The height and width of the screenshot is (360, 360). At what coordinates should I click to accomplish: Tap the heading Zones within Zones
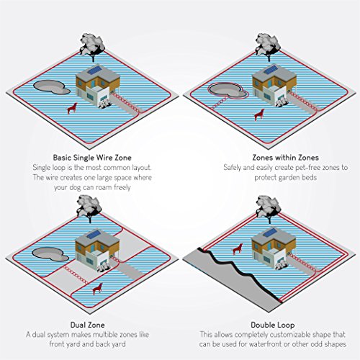pos(268,156)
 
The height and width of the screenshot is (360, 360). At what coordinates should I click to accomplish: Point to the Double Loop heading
pos(268,325)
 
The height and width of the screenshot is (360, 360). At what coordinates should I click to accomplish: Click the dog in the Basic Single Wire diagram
pos(71,108)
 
